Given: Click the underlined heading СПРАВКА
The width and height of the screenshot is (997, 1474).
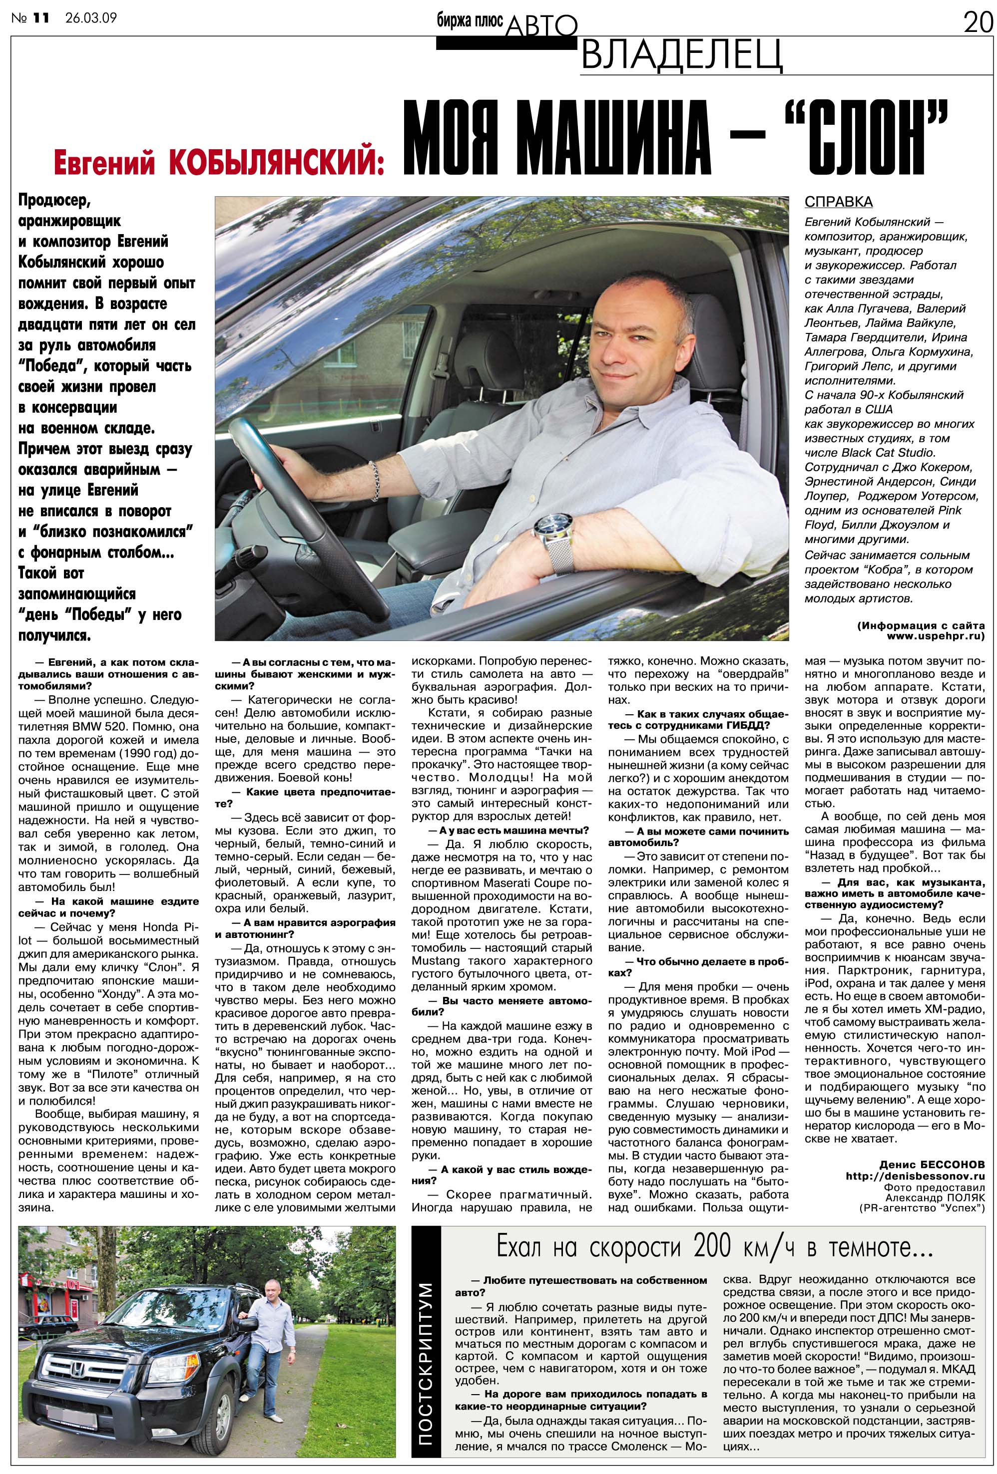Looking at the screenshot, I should pos(838,202).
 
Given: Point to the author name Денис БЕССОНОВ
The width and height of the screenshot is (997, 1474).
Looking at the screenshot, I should pos(932,1165).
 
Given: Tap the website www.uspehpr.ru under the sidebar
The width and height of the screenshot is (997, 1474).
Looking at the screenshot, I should pos(936,635).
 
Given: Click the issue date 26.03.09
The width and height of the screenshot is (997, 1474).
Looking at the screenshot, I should pos(91,18).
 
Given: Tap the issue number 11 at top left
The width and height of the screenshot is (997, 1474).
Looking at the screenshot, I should pos(40,18).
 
